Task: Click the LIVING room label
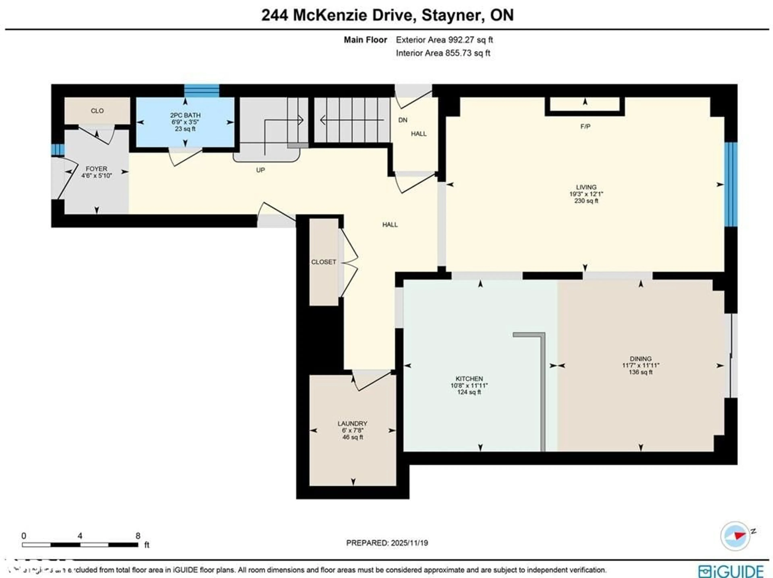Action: click(x=586, y=187)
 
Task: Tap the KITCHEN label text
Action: click(x=469, y=379)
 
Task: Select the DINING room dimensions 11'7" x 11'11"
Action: click(x=641, y=365)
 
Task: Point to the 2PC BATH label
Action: click(x=185, y=115)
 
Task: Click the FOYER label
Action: click(x=96, y=169)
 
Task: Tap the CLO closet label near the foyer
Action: click(x=97, y=111)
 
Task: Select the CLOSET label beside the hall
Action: click(x=324, y=262)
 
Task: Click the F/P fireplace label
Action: click(x=585, y=126)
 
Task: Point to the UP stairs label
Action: click(x=260, y=170)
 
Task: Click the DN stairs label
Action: click(x=403, y=120)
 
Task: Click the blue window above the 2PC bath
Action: click(x=202, y=91)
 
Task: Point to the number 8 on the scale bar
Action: click(x=138, y=536)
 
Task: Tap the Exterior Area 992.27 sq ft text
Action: click(x=444, y=40)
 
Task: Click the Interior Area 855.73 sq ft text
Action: click(x=443, y=53)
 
